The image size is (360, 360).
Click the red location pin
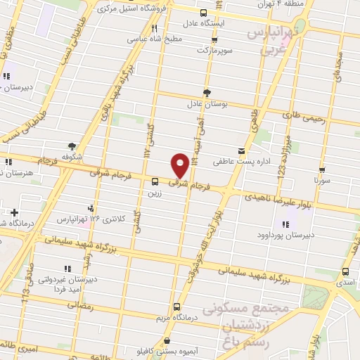click(180, 164)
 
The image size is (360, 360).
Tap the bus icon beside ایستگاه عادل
click(203, 13)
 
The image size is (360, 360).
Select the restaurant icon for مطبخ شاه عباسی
click(154, 29)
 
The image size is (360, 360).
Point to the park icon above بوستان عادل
click(206, 93)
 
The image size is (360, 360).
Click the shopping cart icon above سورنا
click(322, 170)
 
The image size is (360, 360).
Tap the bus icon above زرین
click(155, 180)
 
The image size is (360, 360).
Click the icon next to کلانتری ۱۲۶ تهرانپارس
click(90, 207)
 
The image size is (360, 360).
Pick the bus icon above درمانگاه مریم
click(176, 306)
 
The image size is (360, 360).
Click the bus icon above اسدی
click(345, 272)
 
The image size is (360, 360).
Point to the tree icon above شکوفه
click(72, 146)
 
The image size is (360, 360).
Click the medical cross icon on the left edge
click(14, 212)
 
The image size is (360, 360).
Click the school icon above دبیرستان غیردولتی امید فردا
click(67, 269)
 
